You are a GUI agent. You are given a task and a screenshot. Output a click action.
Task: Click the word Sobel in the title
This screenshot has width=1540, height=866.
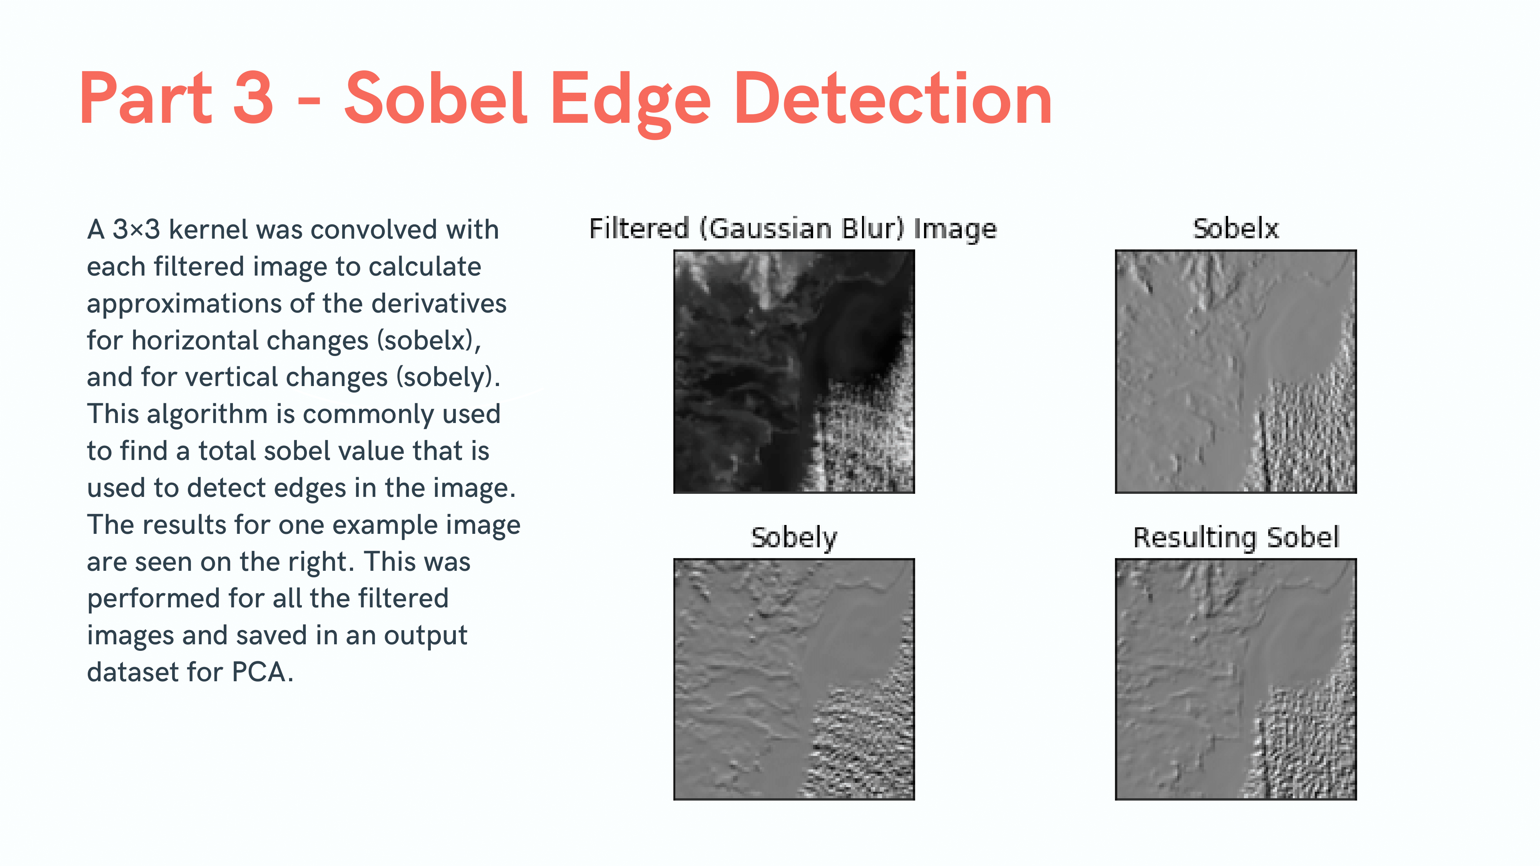pyautogui.click(x=436, y=99)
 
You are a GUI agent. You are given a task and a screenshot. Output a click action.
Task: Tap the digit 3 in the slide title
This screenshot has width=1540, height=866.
pyautogui.click(x=253, y=99)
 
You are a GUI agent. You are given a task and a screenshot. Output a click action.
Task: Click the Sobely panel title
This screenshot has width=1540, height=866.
pyautogui.click(x=794, y=538)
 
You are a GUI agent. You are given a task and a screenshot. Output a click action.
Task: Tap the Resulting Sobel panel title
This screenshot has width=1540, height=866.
pyautogui.click(x=1236, y=538)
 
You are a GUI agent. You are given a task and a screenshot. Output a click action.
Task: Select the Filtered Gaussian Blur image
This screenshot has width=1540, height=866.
pyautogui.click(x=794, y=371)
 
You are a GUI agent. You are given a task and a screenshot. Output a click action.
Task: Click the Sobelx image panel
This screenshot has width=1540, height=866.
pyautogui.click(x=1236, y=371)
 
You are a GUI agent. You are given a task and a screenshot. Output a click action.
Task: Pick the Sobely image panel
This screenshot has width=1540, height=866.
pyautogui.click(x=794, y=679)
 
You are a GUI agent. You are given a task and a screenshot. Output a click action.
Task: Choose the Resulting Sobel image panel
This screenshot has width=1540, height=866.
pyautogui.click(x=1236, y=679)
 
